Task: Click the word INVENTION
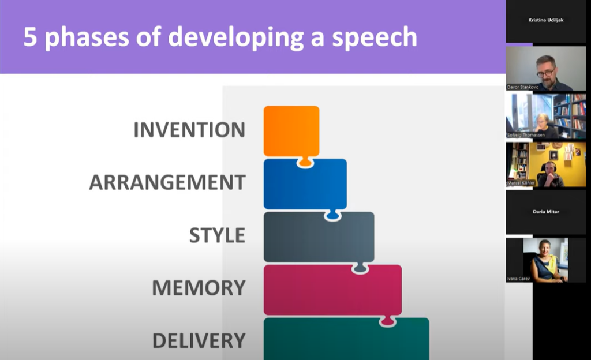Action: [x=189, y=130]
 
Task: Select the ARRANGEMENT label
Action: [x=167, y=183]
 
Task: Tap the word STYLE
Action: [x=217, y=235]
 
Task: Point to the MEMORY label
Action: [x=199, y=288]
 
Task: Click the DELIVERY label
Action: [x=199, y=341]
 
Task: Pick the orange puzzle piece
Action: [x=291, y=132]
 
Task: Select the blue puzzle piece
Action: [x=305, y=185]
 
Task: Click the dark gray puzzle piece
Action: [x=319, y=237]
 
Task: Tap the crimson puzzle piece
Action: [x=332, y=290]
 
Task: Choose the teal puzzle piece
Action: [x=346, y=339]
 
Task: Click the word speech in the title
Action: [x=375, y=37]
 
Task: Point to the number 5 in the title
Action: [x=30, y=37]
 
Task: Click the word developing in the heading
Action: [x=235, y=37]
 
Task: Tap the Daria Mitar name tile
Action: [x=546, y=212]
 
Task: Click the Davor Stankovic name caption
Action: [x=523, y=87]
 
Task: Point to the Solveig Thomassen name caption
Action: [x=526, y=135]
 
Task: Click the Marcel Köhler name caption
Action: [x=521, y=183]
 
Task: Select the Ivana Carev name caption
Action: [x=519, y=279]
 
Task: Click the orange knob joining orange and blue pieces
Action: [x=305, y=162]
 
